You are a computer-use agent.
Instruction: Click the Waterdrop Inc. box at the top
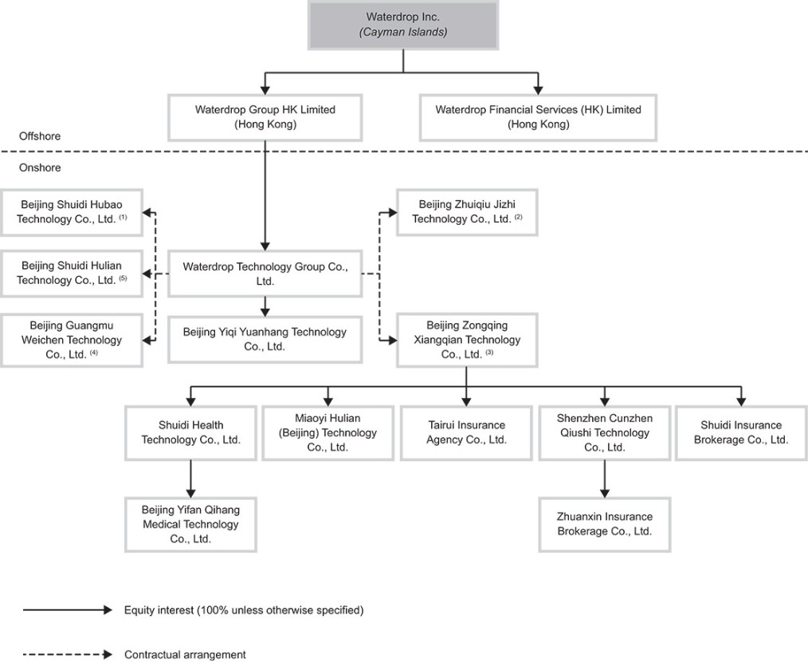tap(403, 25)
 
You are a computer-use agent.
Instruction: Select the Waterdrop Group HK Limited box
tap(265, 117)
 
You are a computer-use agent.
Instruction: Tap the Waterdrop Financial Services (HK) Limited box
tap(538, 117)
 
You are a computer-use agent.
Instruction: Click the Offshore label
tap(40, 136)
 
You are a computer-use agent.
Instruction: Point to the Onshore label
tap(40, 167)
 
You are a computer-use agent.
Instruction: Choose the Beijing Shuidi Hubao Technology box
tap(72, 213)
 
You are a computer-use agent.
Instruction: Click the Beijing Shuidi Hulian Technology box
tap(72, 274)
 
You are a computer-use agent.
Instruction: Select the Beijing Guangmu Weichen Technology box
tap(72, 340)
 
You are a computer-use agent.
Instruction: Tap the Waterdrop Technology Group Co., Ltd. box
tap(265, 274)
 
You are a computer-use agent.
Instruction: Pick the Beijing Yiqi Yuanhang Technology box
tap(265, 340)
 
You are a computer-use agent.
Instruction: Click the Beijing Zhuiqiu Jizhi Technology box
tap(467, 212)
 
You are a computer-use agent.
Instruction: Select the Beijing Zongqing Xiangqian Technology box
tap(467, 340)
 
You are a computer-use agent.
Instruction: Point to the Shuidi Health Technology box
tap(190, 433)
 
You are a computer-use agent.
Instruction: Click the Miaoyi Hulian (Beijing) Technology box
tap(328, 433)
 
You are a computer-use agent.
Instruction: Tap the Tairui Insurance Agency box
tap(466, 433)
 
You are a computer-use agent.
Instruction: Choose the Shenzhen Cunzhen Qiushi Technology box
tap(605, 433)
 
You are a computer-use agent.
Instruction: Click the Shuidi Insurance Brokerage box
tap(741, 433)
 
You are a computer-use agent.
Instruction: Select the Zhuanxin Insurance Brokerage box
tap(605, 524)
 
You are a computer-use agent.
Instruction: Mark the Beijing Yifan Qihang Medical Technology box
tap(190, 524)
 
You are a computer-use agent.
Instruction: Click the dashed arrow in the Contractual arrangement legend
tap(68, 655)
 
